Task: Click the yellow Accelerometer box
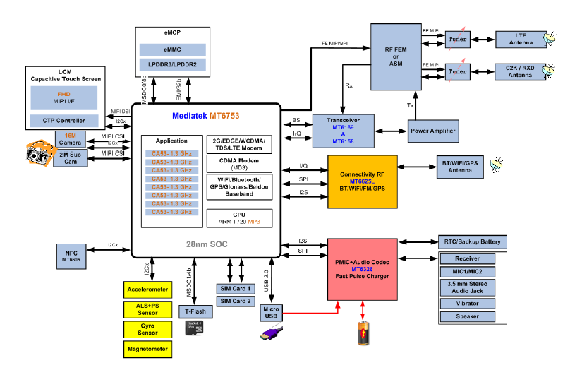pos(147,290)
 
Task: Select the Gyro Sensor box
pos(147,329)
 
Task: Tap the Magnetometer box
pos(147,349)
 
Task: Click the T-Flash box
pos(195,311)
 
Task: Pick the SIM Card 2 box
pos(234,302)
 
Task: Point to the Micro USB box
pos(271,313)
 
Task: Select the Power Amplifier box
pos(432,131)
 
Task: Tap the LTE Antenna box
pos(520,39)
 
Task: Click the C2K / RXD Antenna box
pos(520,71)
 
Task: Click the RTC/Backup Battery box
pos(472,241)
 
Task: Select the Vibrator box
pos(468,304)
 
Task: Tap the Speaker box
pos(468,316)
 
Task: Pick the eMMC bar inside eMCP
pos(172,49)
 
